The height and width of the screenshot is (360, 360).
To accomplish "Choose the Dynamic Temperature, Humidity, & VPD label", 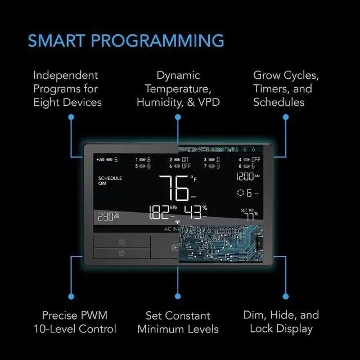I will (x=177, y=89).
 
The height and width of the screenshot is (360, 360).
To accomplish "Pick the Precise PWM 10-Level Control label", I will (x=75, y=322).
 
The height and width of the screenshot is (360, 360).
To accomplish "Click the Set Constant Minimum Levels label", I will (x=178, y=322).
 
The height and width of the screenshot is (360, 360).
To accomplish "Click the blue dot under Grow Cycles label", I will (x=285, y=117).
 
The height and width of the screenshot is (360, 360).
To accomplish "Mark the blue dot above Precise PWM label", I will (x=71, y=295).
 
